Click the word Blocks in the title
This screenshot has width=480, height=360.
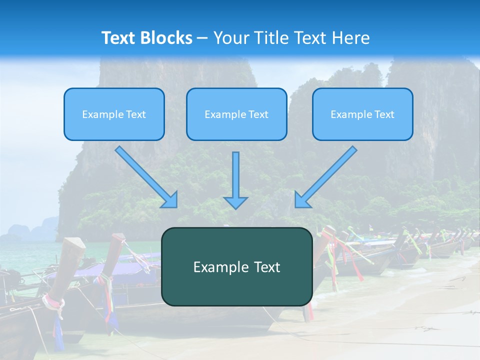click(167, 38)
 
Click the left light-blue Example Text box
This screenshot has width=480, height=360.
click(114, 114)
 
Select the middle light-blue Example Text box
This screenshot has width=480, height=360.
click(236, 114)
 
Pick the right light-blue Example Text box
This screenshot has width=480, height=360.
click(362, 114)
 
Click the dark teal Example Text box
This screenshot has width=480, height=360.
click(236, 266)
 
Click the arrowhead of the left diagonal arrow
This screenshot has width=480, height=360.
click(170, 200)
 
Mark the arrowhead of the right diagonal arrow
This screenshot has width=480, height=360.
click(302, 200)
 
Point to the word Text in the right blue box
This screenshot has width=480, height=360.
click(384, 114)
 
